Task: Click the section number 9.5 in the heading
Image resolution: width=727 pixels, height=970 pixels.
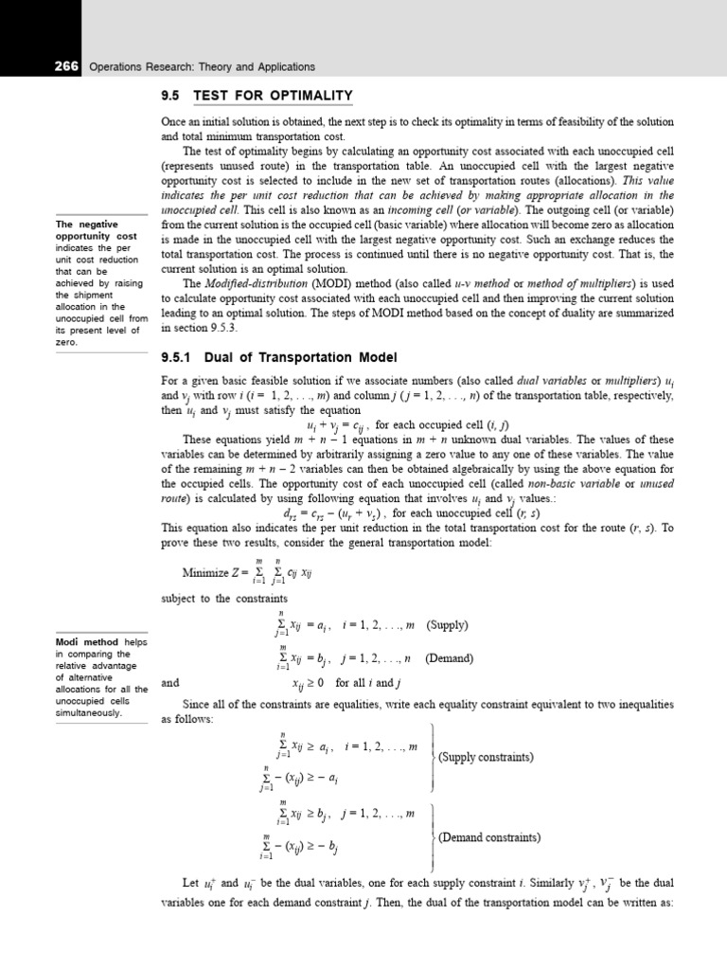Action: pyautogui.click(x=172, y=96)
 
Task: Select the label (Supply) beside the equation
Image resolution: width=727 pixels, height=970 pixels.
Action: pyautogui.click(x=448, y=625)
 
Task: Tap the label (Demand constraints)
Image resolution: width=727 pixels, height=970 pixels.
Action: pyautogui.click(x=489, y=837)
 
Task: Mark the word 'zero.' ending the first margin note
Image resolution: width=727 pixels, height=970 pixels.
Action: pyautogui.click(x=66, y=343)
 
